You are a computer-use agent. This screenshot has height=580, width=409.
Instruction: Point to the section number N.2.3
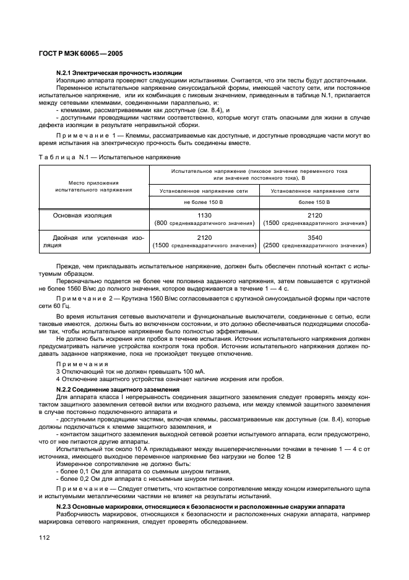[x=66, y=506]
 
